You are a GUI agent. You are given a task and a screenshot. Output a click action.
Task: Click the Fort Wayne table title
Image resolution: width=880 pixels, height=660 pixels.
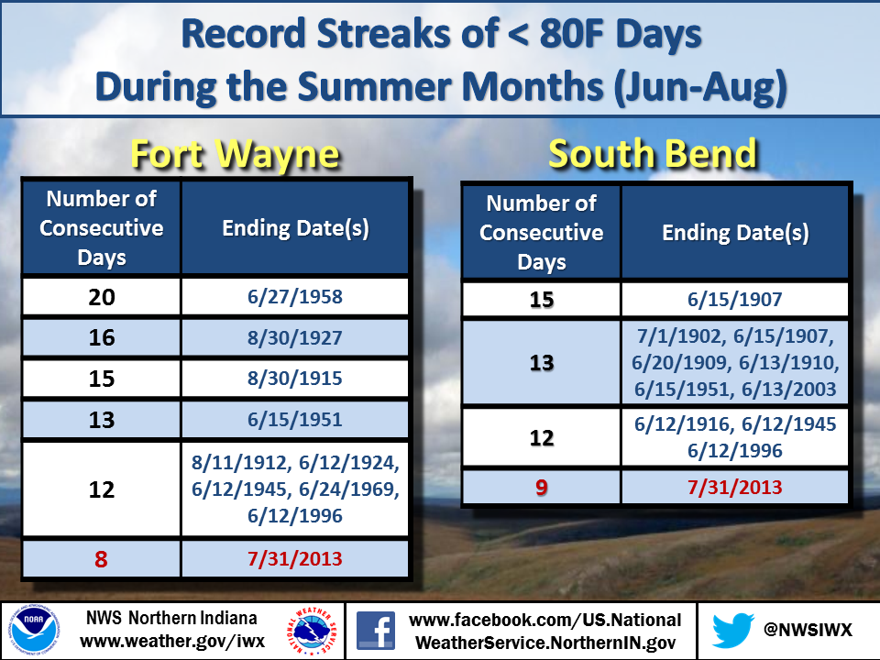236,155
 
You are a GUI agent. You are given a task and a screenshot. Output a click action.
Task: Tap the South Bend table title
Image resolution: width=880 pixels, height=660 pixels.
653,153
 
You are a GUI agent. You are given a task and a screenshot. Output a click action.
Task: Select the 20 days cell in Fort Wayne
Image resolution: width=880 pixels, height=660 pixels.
102,297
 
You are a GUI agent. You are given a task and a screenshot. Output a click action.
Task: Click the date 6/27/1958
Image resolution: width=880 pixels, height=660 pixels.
295,297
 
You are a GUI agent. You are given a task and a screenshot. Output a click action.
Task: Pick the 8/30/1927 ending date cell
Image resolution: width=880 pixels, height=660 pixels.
295,338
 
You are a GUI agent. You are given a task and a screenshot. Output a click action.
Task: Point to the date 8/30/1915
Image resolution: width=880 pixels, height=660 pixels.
295,379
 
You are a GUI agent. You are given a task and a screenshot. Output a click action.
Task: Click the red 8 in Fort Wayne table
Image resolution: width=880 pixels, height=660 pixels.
101,559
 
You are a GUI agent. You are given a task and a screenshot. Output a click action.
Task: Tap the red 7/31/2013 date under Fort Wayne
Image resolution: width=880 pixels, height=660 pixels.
295,559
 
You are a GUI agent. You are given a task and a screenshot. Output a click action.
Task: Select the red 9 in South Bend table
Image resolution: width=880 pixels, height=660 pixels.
542,487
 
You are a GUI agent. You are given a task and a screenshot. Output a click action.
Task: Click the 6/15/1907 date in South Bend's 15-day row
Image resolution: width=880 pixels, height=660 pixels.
735,299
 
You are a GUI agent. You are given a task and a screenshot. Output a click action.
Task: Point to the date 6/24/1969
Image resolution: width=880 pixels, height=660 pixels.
349,489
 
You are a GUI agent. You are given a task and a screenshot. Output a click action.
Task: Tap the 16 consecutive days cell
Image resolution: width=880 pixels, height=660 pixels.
102,338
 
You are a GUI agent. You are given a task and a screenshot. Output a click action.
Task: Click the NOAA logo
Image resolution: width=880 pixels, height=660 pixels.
34,631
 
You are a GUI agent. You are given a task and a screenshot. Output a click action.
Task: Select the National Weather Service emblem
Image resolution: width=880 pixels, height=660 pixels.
312,631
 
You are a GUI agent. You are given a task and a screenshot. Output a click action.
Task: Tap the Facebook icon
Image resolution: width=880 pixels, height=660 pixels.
376,631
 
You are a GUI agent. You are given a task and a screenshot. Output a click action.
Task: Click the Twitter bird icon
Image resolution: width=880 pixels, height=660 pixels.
733,630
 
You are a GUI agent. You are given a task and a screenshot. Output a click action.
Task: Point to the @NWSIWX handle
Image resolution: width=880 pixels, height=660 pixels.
808,630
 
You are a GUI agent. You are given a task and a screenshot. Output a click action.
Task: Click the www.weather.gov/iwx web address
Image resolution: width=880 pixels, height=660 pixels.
172,642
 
